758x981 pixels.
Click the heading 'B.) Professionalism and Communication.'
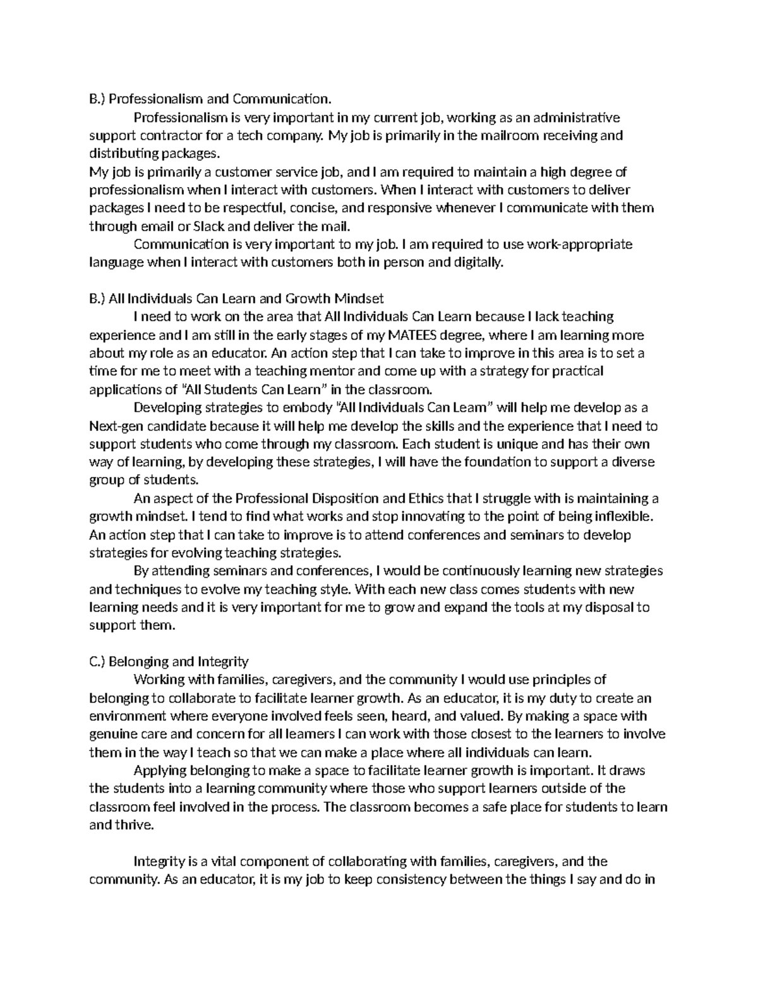(x=210, y=99)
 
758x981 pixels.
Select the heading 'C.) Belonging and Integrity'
(x=169, y=661)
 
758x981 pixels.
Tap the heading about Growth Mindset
(x=237, y=298)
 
